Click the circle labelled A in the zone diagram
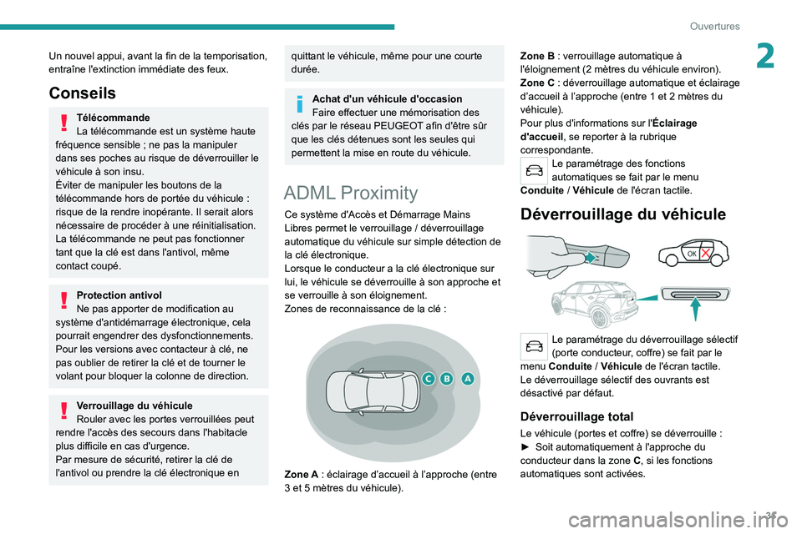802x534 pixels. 467,378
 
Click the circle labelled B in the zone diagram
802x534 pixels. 447,379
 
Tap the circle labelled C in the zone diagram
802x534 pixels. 428,379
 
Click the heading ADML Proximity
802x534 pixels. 351,193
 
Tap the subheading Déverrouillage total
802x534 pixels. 576,416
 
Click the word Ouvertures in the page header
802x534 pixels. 716,26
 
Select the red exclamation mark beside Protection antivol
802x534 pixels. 63,300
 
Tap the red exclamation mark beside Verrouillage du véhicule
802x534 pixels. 63,411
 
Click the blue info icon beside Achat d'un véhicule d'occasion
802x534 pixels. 298,103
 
